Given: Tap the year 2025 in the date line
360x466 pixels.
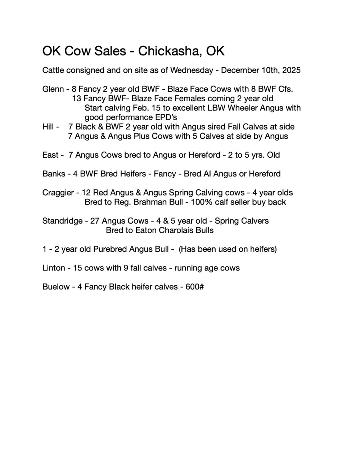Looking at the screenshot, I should (291, 70).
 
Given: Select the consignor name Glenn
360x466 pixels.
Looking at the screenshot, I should (53, 89).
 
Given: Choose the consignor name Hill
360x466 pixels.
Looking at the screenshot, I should (48, 127).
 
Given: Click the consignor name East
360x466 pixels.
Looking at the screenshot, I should (50, 155).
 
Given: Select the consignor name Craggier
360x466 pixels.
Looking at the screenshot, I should (58, 193).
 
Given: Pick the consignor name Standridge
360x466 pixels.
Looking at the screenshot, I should (62, 221).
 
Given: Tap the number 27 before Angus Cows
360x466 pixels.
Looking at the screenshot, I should (95, 221).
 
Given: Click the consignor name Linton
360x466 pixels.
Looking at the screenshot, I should (54, 268).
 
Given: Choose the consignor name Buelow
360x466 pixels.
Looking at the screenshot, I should (56, 287).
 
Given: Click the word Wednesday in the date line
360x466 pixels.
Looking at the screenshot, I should (192, 70).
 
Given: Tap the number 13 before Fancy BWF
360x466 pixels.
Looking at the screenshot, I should (76, 99).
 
